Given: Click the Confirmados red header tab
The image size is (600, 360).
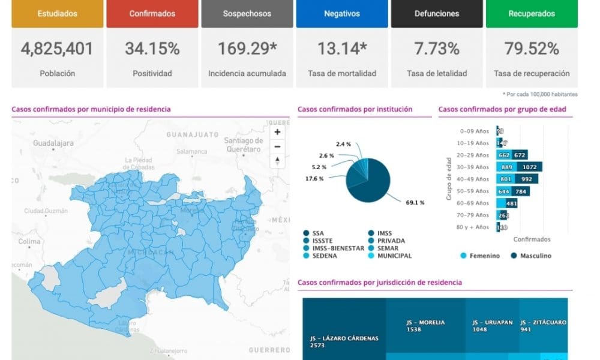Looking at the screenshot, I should click(152, 13).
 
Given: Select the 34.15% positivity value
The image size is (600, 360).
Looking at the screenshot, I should click(152, 49).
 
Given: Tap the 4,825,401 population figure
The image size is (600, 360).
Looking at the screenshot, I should click(57, 49).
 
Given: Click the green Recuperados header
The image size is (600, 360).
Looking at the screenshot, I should click(531, 13).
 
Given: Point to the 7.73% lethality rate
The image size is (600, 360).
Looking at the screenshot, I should click(436, 49).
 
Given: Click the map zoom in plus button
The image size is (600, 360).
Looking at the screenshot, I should click(277, 132).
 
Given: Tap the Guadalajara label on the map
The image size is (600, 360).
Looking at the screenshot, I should click(53, 143).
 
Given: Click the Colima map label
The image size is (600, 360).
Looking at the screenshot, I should click(29, 241).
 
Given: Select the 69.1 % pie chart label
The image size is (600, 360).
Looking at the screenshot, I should click(415, 203).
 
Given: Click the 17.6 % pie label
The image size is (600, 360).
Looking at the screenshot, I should click(314, 179).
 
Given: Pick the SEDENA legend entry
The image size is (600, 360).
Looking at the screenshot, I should click(325, 256).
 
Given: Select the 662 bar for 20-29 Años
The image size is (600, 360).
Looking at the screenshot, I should click(503, 155).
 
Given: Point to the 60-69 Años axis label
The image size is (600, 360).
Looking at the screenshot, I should click(474, 203).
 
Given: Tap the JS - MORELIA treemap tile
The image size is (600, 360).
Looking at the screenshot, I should click(425, 326).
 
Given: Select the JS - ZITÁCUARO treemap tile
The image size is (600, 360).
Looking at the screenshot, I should click(542, 326).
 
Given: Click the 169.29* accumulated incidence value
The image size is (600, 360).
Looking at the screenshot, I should click(247, 49).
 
